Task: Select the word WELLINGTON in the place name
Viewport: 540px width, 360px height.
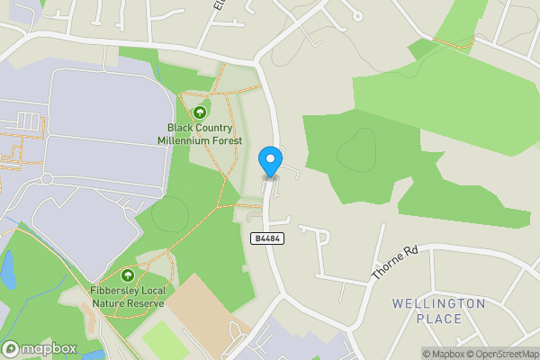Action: tap(438, 304)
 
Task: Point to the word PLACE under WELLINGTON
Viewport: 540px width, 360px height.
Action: tap(439, 319)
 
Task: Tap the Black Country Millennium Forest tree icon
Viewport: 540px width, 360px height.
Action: tap(200, 112)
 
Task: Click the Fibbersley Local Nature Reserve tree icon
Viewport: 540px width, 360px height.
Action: tap(127, 275)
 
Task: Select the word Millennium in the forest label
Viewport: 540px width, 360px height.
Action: tap(199, 140)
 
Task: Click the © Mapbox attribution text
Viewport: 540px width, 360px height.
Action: tap(442, 354)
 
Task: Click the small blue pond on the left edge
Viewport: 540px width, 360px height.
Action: tap(7, 267)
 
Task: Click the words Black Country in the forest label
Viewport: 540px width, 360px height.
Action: tap(199, 129)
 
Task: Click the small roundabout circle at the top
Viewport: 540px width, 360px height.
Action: tap(357, 15)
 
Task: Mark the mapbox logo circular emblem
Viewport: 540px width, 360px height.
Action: tap(12, 348)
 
